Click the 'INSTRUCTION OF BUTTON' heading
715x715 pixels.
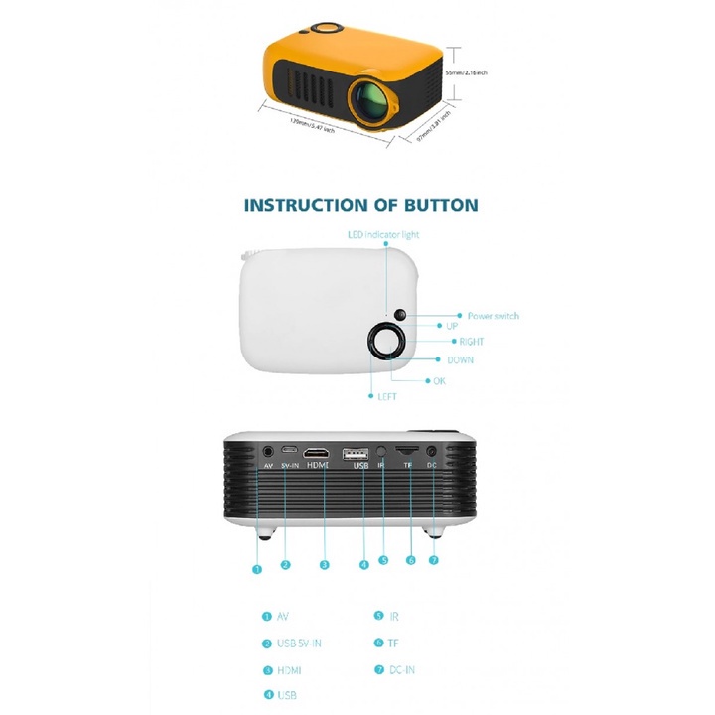[x=360, y=206]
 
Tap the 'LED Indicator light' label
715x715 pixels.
[x=383, y=235]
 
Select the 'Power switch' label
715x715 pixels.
[x=493, y=316]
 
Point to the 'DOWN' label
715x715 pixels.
[x=460, y=360]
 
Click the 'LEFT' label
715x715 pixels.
[x=387, y=396]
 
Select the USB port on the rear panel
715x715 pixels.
[x=356, y=454]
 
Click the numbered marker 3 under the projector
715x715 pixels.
[x=324, y=565]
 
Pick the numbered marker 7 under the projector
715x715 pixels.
[x=433, y=560]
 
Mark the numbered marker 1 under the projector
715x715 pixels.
[x=257, y=570]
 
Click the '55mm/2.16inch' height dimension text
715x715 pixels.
[x=466, y=73]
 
